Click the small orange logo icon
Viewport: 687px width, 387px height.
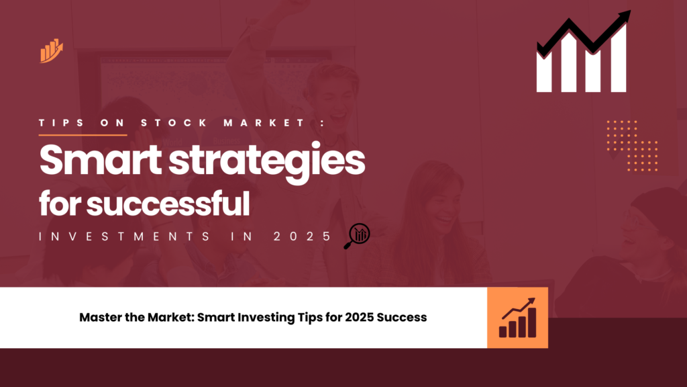click(51, 51)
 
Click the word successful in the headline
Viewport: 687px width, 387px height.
click(168, 204)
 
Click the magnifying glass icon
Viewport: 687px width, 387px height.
click(357, 236)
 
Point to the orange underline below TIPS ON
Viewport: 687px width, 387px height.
click(83, 134)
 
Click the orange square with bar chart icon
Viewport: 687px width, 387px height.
click(517, 318)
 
